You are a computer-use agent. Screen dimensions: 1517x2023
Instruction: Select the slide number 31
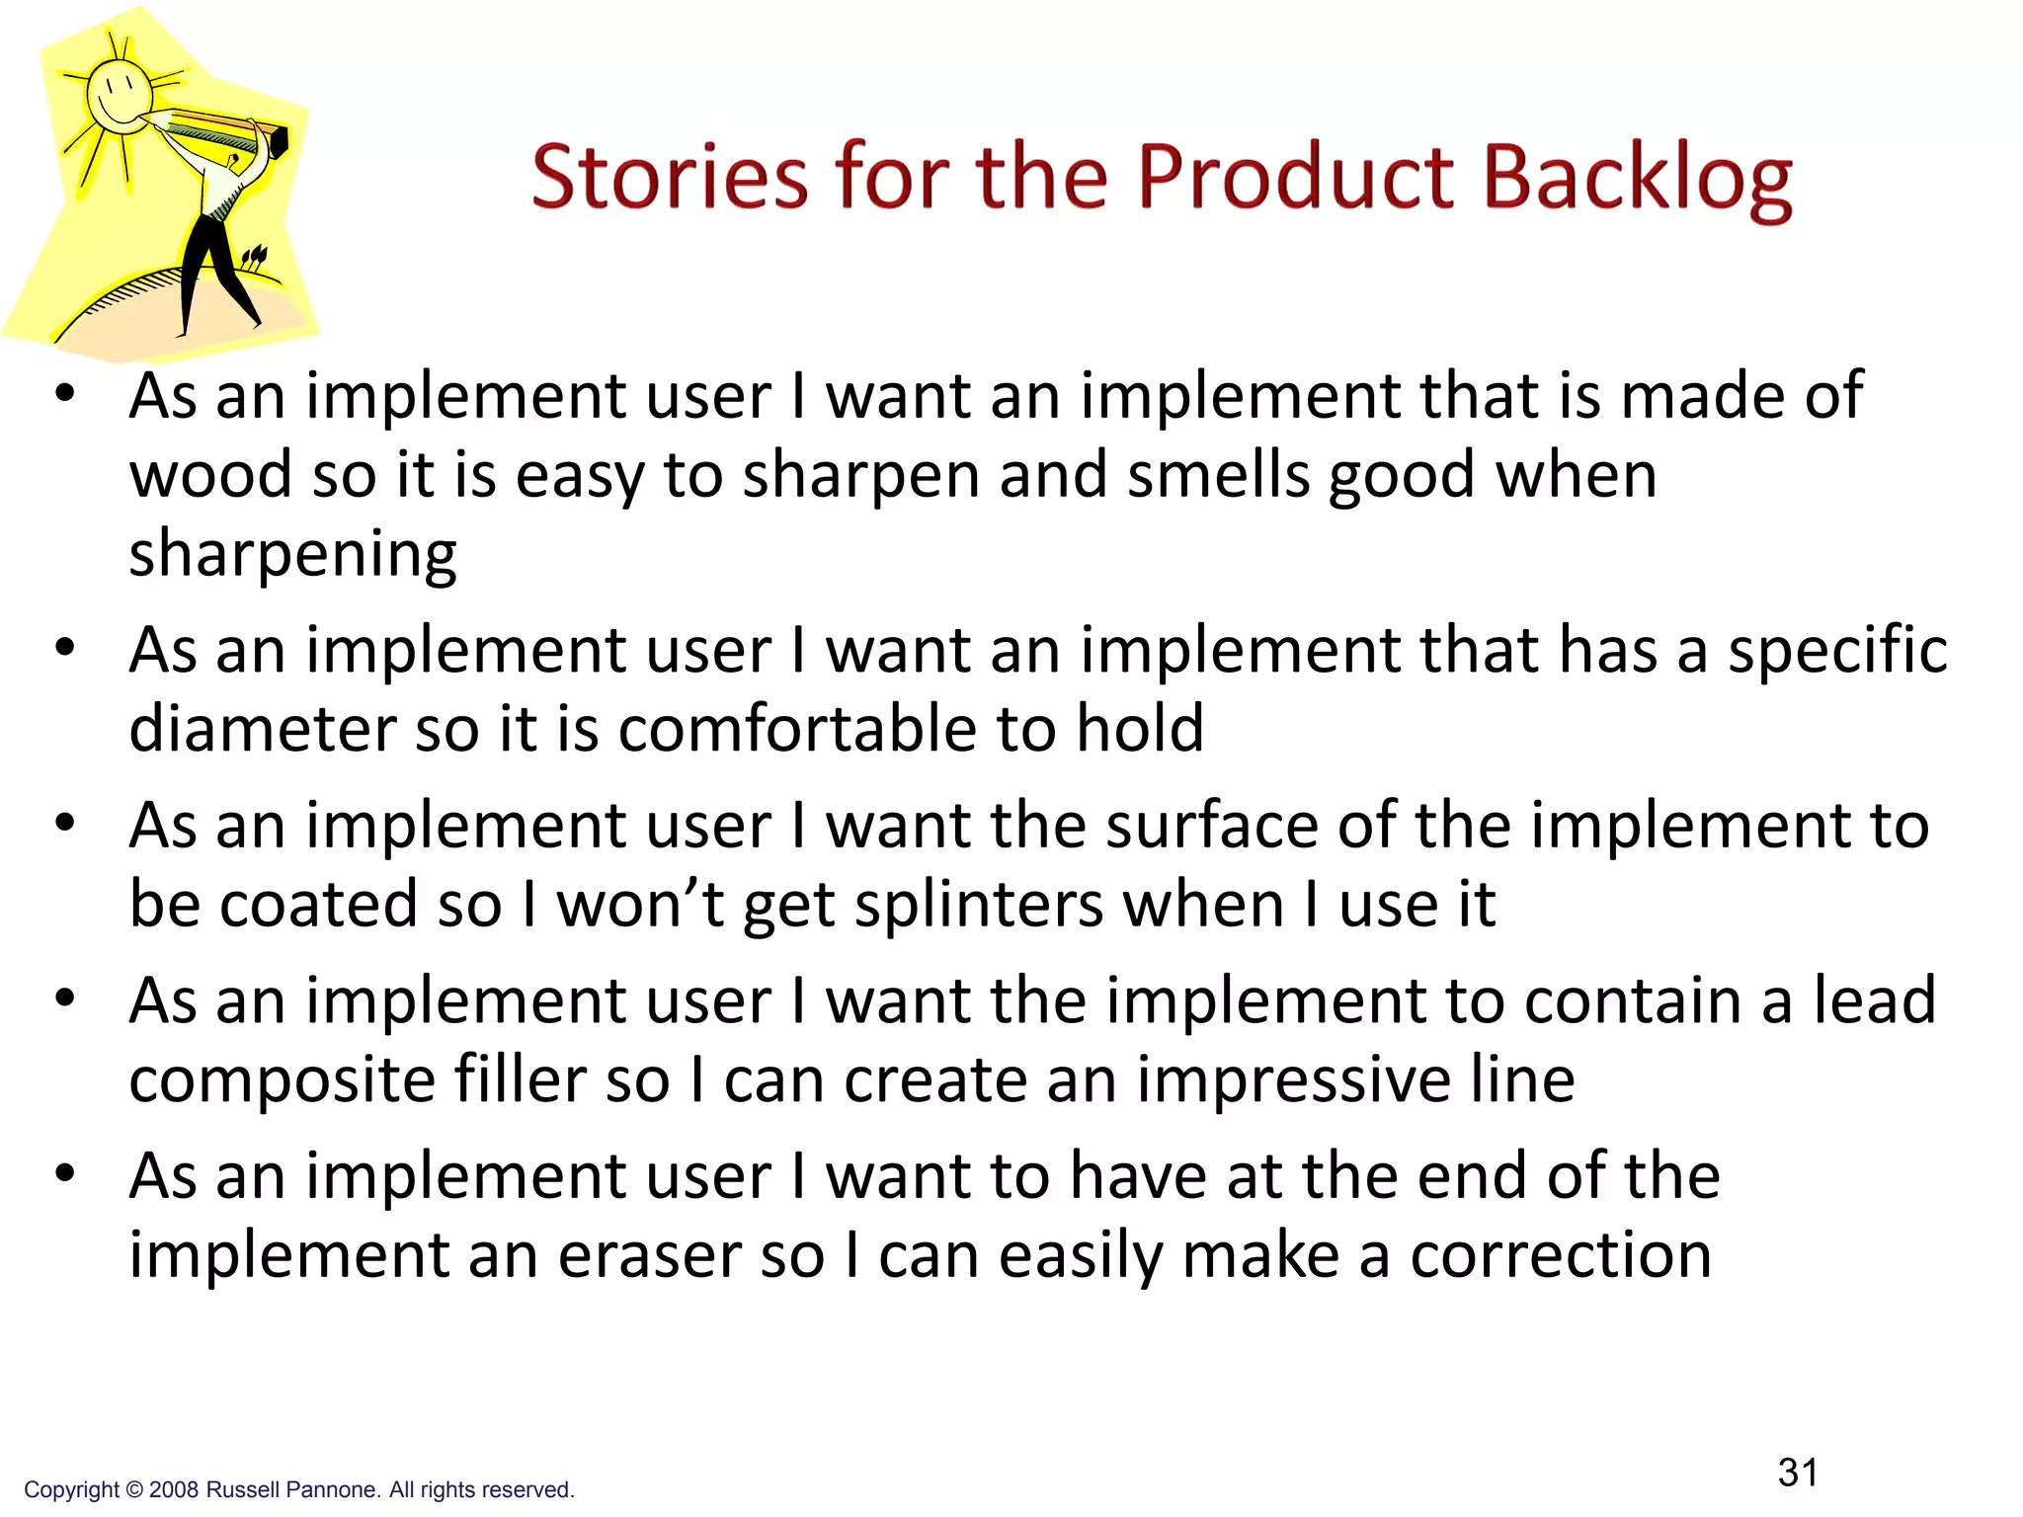click(1798, 1473)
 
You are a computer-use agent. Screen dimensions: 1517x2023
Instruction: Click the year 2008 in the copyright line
click(174, 1490)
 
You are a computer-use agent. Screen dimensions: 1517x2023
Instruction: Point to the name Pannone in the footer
click(330, 1490)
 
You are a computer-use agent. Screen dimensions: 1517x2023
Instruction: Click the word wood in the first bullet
click(210, 475)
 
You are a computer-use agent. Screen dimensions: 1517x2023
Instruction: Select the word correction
click(1561, 1256)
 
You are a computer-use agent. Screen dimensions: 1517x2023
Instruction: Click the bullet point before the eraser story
click(65, 1174)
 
